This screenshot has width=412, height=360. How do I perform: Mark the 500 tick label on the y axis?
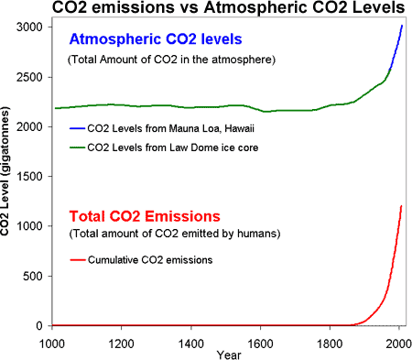click(38, 276)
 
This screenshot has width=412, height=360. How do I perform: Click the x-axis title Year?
click(224, 354)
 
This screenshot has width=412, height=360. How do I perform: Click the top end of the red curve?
click(402, 206)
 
